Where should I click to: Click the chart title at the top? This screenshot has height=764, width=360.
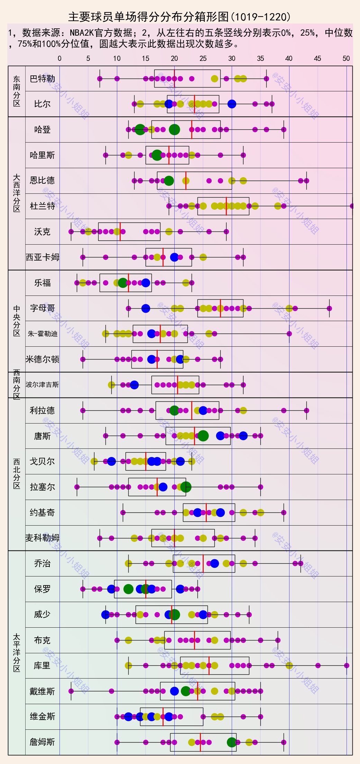click(x=179, y=17)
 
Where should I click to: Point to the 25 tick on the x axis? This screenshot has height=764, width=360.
click(x=203, y=58)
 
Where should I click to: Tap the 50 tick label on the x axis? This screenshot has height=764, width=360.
click(x=346, y=58)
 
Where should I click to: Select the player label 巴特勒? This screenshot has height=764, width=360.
click(x=42, y=79)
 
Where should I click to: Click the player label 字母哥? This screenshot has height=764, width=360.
click(x=42, y=308)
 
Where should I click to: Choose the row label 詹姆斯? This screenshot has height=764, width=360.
click(x=42, y=742)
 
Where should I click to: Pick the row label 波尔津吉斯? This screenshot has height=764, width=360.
click(x=42, y=385)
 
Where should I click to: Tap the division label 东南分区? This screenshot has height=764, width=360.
click(x=17, y=91)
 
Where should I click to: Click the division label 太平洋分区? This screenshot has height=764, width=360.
click(x=17, y=653)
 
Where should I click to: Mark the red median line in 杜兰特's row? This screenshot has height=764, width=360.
click(x=226, y=206)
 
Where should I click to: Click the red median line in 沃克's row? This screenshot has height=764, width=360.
click(x=120, y=232)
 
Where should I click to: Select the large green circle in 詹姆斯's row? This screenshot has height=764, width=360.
click(x=232, y=742)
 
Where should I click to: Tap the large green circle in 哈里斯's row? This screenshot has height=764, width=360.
click(x=157, y=155)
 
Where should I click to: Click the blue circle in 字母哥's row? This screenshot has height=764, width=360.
click(x=146, y=308)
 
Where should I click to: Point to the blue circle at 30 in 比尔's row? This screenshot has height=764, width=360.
click(x=232, y=104)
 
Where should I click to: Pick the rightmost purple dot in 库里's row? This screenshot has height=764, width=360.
click(x=347, y=665)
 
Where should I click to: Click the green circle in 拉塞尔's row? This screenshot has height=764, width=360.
click(x=186, y=487)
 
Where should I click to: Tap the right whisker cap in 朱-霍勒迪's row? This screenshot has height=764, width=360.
click(x=289, y=334)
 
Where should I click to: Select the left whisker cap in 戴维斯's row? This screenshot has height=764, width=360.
click(x=71, y=691)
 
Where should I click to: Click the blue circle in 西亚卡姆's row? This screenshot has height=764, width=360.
click(x=174, y=257)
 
